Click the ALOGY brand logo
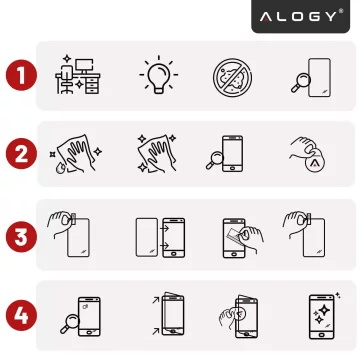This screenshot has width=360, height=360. [x=301, y=17]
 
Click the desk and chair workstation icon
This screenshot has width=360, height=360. [x=78, y=75]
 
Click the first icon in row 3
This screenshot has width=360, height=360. [x=72, y=235]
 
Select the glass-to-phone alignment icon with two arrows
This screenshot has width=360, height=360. [x=159, y=237]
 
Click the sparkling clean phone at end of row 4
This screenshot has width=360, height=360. [x=321, y=315]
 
